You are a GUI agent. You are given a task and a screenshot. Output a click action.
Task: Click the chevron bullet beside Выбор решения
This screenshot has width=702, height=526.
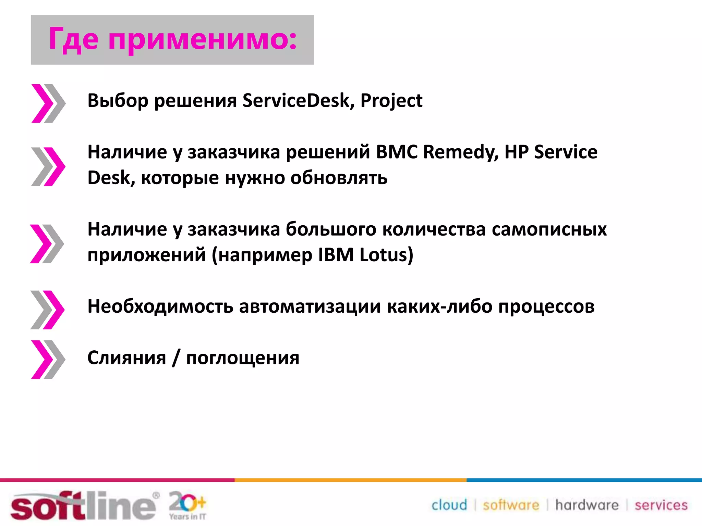48,103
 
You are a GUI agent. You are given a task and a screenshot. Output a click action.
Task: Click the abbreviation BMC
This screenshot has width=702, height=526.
397,152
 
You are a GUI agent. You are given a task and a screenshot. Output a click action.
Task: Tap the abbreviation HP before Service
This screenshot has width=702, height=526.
516,152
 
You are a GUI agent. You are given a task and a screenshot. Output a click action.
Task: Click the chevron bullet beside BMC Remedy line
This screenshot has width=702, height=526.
48,167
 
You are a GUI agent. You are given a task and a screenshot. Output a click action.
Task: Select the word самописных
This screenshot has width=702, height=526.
549,229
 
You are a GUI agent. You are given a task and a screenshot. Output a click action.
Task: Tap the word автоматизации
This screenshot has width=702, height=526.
310,306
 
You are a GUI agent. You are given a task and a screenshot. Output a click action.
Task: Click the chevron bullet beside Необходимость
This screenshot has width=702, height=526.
48,310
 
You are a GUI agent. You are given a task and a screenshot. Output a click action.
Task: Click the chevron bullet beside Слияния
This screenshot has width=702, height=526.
48,360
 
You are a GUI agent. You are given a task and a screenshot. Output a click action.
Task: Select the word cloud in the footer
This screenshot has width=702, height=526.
449,505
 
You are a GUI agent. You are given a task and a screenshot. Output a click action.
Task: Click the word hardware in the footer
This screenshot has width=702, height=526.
587,505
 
